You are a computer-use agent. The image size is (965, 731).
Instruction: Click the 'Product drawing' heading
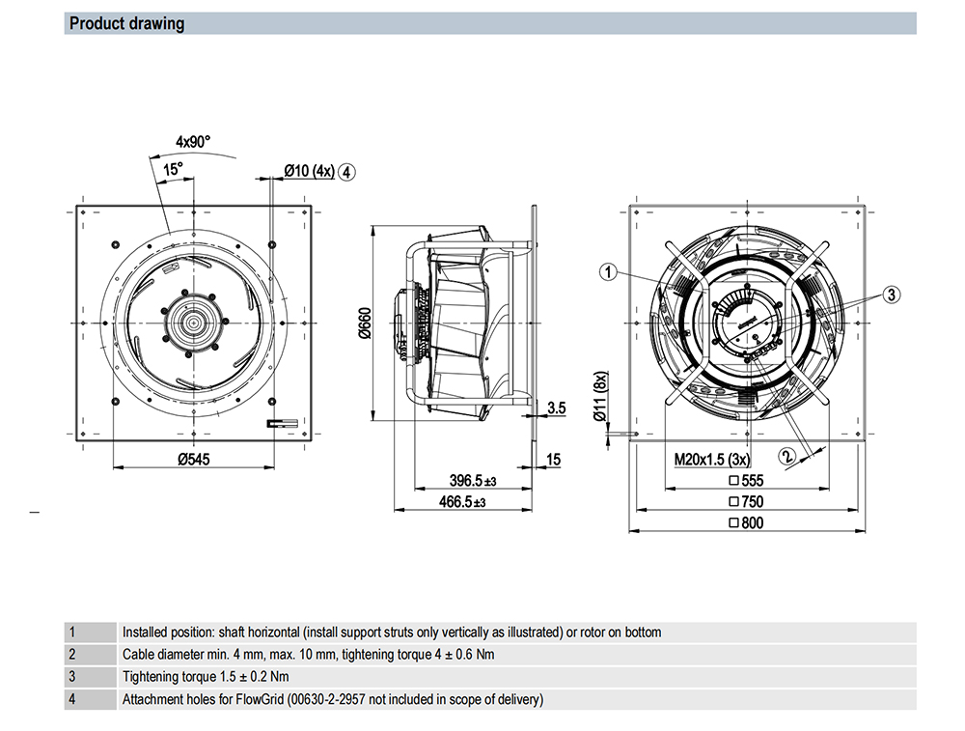click(x=126, y=23)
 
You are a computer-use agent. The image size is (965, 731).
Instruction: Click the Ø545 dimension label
click(x=194, y=459)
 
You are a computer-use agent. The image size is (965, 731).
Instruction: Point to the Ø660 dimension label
click(x=365, y=323)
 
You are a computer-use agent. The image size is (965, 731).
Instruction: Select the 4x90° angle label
click(x=193, y=142)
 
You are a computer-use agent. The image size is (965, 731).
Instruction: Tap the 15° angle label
click(x=173, y=169)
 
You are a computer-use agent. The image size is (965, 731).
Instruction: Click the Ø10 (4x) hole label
click(x=309, y=171)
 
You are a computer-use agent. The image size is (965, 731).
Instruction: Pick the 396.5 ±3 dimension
click(x=473, y=480)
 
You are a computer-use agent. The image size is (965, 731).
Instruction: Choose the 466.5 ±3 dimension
click(x=462, y=502)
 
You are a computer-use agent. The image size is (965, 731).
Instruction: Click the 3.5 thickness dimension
click(x=557, y=408)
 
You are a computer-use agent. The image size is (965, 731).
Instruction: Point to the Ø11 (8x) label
click(x=600, y=396)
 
